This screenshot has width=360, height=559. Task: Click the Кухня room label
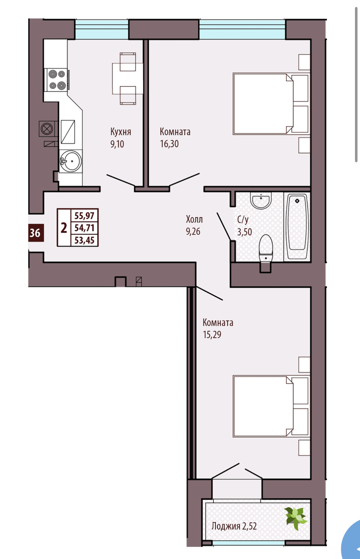[121, 132]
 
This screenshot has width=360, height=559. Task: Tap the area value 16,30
[169, 144]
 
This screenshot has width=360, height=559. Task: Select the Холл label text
[194, 219]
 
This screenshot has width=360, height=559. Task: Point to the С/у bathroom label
[243, 219]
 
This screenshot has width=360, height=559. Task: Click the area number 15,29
[212, 335]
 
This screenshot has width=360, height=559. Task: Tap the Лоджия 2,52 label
[234, 526]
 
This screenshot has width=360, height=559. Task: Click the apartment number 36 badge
[35, 233]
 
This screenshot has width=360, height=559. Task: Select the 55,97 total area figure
[84, 216]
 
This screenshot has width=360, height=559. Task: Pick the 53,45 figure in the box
[84, 240]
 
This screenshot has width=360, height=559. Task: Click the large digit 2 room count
[64, 228]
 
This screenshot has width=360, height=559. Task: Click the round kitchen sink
[71, 161]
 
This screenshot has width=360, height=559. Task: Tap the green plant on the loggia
[296, 518]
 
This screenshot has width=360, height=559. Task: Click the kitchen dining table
[128, 79]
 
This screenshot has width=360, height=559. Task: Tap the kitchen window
[102, 29]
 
